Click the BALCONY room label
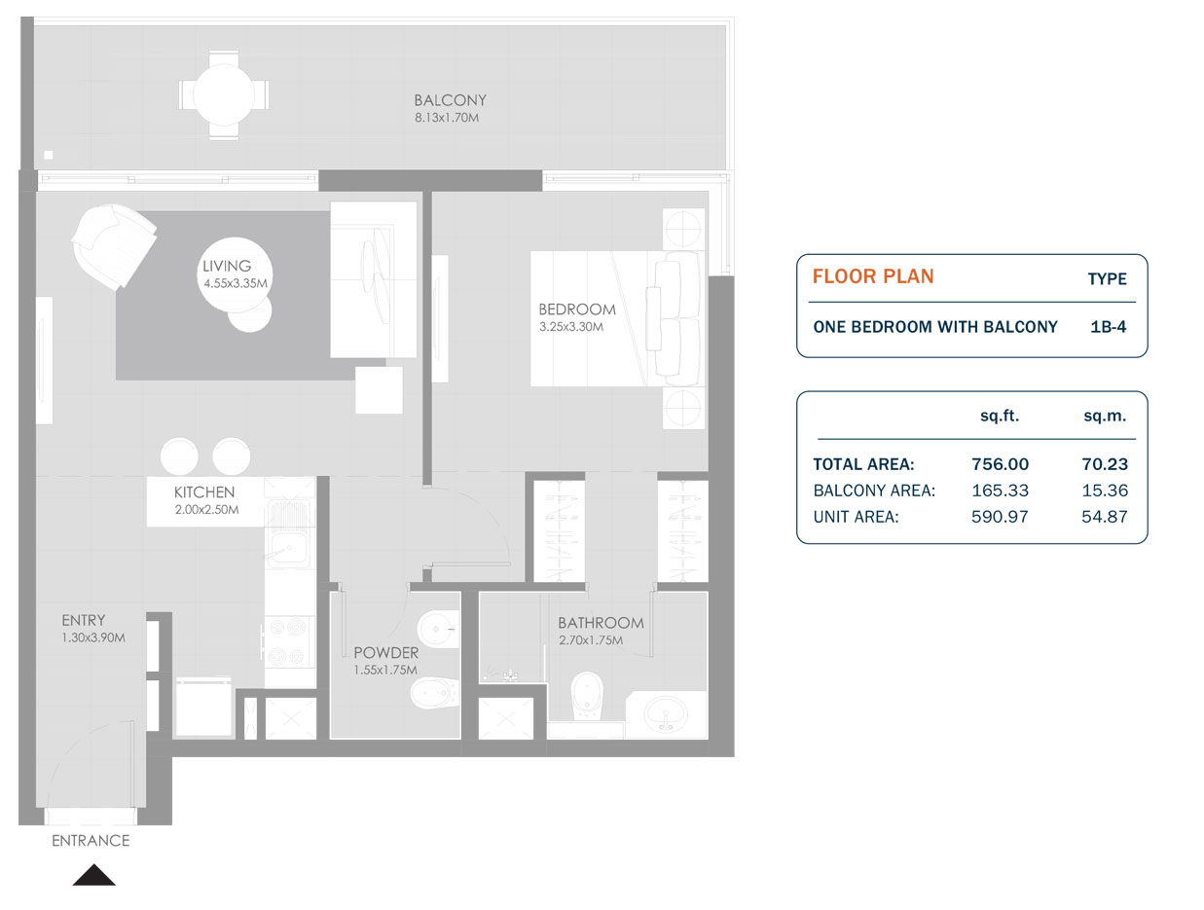click(x=450, y=100)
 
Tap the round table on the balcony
click(x=224, y=95)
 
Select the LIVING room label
click(x=227, y=266)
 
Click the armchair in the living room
click(x=113, y=244)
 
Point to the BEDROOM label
click(x=577, y=309)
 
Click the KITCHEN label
click(x=204, y=492)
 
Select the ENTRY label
click(x=83, y=620)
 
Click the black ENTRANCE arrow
click(x=93, y=875)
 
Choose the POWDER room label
click(x=385, y=652)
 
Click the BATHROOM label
click(x=601, y=623)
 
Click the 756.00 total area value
click(x=1000, y=464)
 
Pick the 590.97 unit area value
click(x=1000, y=517)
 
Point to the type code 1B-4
click(x=1109, y=327)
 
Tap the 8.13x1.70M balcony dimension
click(x=448, y=118)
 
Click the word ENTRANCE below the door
click(x=91, y=841)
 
